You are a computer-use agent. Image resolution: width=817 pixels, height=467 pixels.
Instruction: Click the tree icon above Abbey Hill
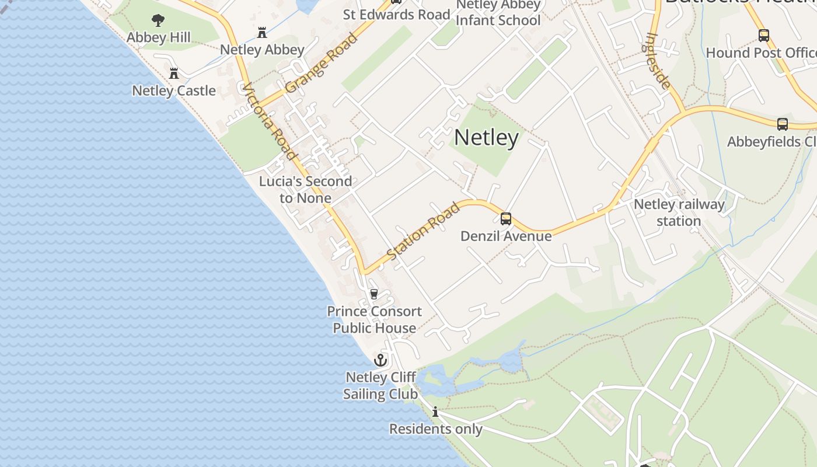click(x=158, y=20)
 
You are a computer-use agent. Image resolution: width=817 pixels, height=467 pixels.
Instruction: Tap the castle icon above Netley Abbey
click(x=262, y=32)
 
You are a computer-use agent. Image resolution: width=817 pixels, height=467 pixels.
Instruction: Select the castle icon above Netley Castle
click(x=173, y=74)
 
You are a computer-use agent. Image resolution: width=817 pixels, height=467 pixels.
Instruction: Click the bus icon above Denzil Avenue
click(x=506, y=219)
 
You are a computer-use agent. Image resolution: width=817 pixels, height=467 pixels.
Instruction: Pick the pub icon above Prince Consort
click(x=374, y=294)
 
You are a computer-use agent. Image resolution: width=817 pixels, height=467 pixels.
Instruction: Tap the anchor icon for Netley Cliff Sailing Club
click(x=380, y=360)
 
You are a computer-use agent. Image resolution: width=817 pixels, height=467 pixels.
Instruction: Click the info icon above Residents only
click(x=435, y=412)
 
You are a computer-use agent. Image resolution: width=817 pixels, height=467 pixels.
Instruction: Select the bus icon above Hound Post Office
click(x=763, y=36)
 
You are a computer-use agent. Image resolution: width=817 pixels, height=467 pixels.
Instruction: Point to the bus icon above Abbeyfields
click(x=782, y=124)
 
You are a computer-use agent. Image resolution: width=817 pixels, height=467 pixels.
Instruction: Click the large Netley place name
click(x=486, y=138)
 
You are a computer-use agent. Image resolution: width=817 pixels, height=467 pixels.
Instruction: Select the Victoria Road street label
click(x=268, y=121)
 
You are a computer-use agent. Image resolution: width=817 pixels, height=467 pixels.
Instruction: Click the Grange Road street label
click(x=322, y=63)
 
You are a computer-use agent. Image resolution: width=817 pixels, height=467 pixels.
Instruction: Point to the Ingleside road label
click(x=658, y=60)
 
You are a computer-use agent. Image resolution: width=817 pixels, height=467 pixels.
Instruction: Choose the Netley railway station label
click(x=679, y=212)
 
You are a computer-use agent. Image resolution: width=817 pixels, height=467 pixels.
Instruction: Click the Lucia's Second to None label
click(x=305, y=190)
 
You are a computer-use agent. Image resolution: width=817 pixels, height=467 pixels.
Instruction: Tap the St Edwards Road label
click(x=396, y=15)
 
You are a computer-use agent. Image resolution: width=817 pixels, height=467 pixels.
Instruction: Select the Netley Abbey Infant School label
click(x=498, y=13)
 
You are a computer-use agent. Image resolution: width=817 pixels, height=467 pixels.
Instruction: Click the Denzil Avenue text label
click(x=506, y=236)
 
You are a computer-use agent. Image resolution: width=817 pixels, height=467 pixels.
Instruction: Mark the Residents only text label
click(x=435, y=429)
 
